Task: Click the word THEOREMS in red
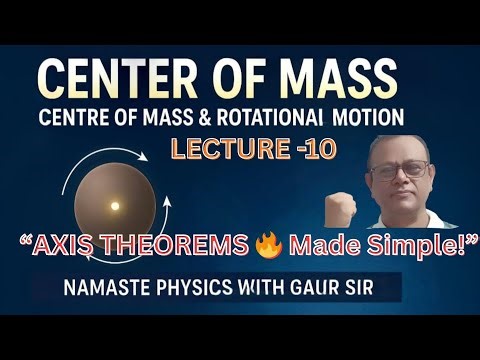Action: [x=156, y=242]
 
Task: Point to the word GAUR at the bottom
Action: [x=319, y=290]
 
